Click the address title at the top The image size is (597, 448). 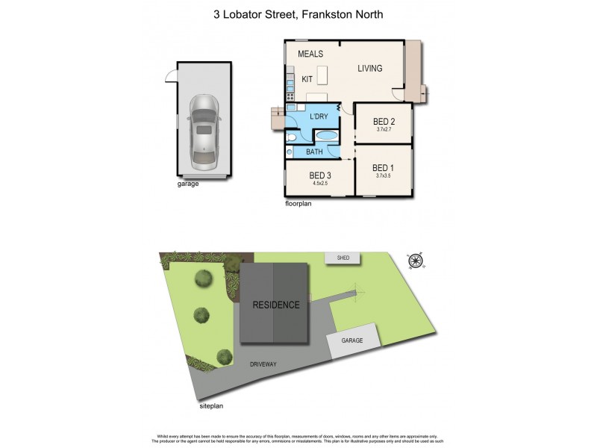tap(298, 14)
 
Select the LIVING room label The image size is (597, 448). tap(369, 69)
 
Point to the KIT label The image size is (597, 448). tap(307, 78)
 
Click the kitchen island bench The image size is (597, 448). tap(323, 75)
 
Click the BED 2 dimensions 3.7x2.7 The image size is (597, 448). tap(384, 129)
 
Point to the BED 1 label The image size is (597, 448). tap(384, 167)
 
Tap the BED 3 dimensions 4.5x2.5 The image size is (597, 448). tap(320, 183)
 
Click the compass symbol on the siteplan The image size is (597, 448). tap(416, 261)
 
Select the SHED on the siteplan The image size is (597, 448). tap(343, 258)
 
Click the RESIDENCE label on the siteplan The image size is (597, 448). tap(275, 305)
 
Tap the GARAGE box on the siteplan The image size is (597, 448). tap(351, 340)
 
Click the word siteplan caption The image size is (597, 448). tap(211, 407)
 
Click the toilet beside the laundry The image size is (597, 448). tap(292, 138)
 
